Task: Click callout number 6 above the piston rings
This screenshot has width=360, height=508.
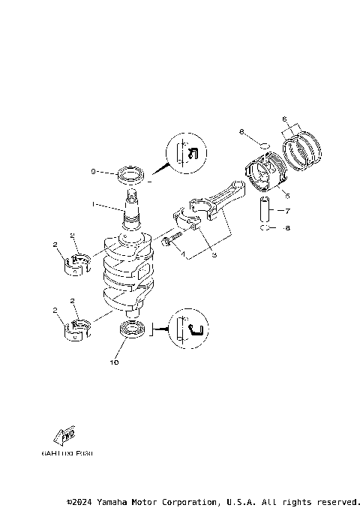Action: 284,119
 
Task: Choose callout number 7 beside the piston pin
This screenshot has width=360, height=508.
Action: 286,211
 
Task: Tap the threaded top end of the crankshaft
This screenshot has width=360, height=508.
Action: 132,197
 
